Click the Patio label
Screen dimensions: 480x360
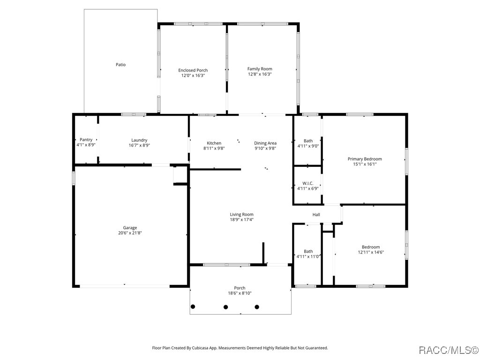point(120,65)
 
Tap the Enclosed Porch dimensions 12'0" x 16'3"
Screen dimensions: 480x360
point(193,75)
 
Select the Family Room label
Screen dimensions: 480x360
point(260,69)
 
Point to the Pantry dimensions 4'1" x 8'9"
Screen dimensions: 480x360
point(86,145)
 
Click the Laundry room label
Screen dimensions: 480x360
point(139,140)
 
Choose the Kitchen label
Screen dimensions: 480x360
point(214,143)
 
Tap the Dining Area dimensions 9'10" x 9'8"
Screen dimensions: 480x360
point(265,148)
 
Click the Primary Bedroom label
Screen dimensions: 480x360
point(365,159)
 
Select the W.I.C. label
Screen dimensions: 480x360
point(308,183)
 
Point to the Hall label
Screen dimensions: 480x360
point(316,215)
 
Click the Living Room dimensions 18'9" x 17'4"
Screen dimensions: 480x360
point(241,219)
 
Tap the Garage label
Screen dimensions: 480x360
point(130,228)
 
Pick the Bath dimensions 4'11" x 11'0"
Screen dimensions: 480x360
point(308,256)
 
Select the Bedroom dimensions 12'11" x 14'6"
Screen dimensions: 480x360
point(371,252)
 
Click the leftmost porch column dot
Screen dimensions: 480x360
point(193,307)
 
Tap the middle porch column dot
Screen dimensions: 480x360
point(225,307)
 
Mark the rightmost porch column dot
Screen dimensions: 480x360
point(257,307)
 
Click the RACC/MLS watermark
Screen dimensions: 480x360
point(449,350)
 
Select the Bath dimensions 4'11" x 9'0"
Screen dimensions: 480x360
point(308,146)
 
